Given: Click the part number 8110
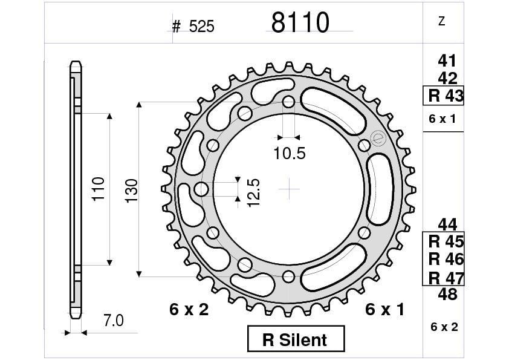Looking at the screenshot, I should point(300,23).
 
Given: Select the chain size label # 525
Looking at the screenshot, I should point(193,27).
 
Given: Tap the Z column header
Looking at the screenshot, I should point(441,21).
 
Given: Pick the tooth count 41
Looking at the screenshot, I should point(447,61).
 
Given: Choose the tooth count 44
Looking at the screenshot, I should point(447,224).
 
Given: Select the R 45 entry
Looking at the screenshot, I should point(446,241).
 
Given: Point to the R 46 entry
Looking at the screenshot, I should point(446,259).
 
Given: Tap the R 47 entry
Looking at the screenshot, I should point(446,278).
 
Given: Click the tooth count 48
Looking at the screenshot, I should point(447,295).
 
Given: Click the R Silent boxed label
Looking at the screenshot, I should point(296,339).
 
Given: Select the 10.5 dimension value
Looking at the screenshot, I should point(289,154).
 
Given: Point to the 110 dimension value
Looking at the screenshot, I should point(99,189).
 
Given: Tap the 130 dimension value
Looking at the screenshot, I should point(131,190).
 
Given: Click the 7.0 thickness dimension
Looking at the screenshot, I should point(113,321).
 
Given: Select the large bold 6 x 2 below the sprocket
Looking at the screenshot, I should point(189,310).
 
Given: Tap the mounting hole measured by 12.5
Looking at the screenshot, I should point(201,189).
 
